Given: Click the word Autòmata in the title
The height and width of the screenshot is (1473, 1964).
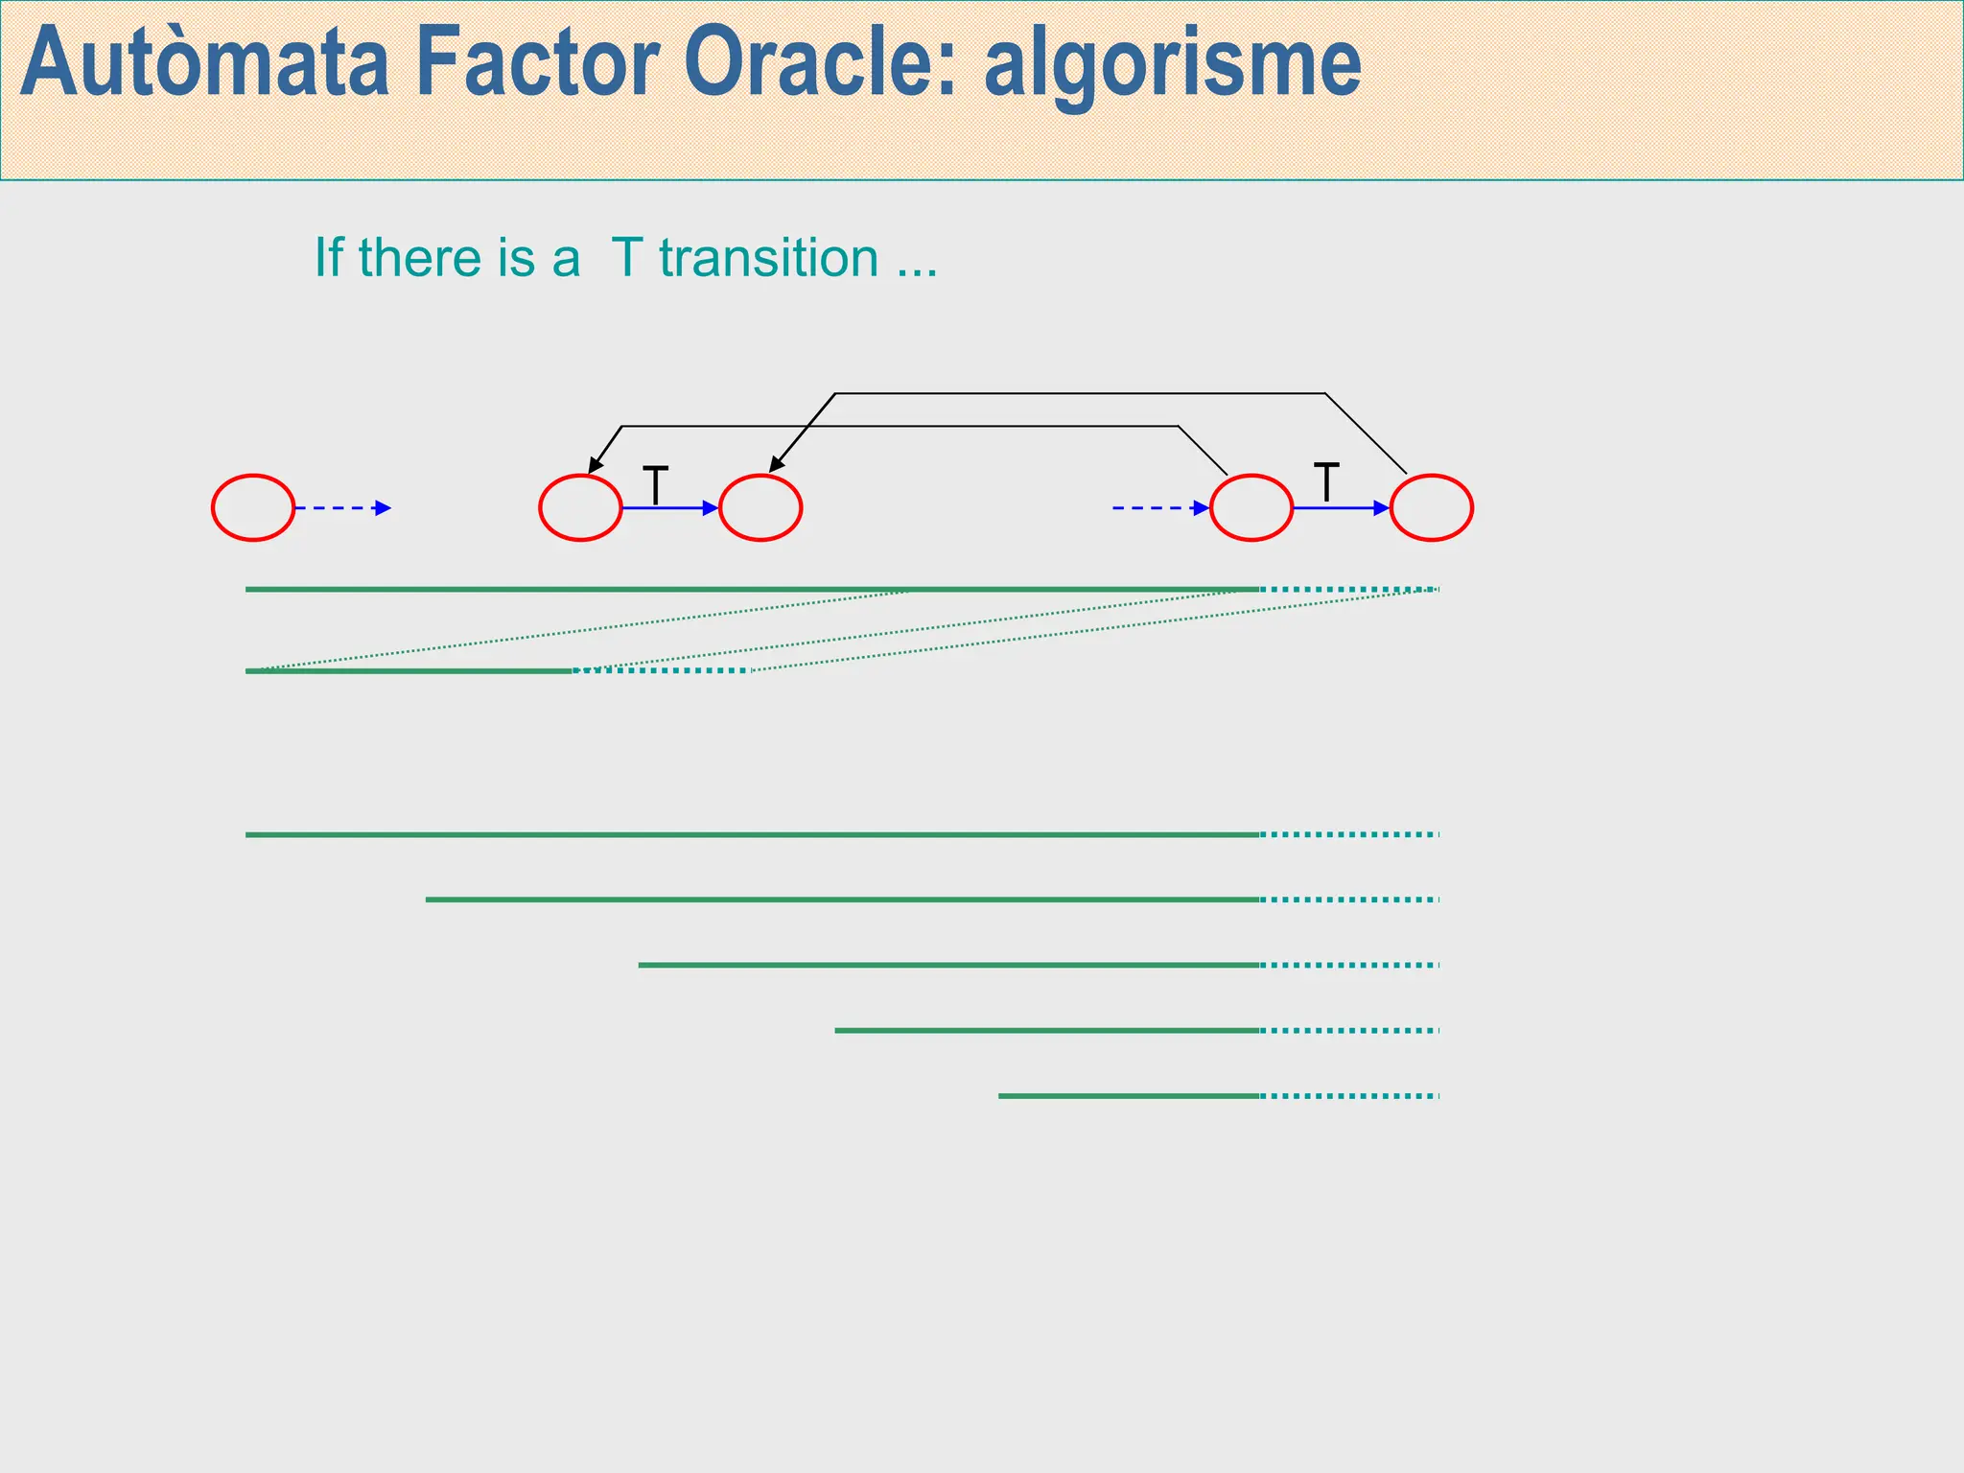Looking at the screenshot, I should point(204,65).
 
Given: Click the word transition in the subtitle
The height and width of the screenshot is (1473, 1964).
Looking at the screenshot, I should point(768,258).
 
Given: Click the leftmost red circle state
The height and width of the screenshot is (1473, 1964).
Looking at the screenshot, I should point(253,507).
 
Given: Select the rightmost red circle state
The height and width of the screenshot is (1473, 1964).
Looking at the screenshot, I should point(1431,507).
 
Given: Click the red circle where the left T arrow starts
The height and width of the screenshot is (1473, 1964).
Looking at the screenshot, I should point(580,507).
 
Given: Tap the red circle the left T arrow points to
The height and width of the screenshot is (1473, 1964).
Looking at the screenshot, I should point(760,507).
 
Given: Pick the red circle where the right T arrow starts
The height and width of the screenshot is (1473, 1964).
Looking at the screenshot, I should point(1251,507).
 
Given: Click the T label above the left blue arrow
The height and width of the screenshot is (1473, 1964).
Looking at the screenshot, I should point(655,484).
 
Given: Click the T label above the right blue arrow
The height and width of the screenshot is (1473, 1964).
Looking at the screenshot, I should point(1325,481).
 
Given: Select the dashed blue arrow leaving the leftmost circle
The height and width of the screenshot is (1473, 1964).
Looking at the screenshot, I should point(342,507).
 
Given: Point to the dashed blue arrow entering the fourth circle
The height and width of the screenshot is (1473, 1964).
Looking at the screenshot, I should point(1159,507).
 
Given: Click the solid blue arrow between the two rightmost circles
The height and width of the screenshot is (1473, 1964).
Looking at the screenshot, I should point(1340,507).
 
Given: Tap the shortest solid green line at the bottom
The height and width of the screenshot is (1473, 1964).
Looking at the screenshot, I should point(1128,1095).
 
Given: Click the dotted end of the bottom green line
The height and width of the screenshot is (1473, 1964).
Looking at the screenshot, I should point(1348,1095).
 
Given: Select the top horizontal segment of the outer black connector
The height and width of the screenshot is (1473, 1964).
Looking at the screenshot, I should point(1079,393).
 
